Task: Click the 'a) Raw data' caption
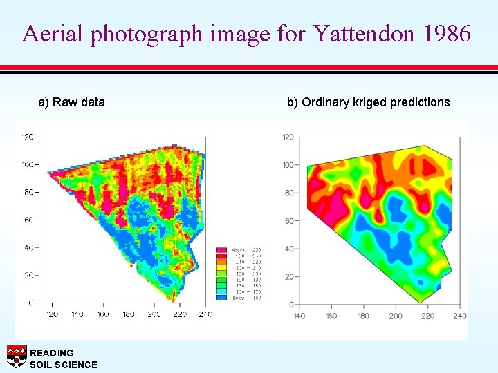pyautogui.click(x=71, y=102)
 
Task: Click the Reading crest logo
pyautogui.click(x=17, y=356)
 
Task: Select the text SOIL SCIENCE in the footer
pyautogui.click(x=64, y=365)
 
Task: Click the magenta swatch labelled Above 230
pyautogui.click(x=221, y=250)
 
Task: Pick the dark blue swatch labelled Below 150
pyautogui.click(x=221, y=298)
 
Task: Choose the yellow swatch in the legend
pyautogui.click(x=221, y=267)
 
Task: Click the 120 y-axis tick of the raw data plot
pyautogui.click(x=28, y=136)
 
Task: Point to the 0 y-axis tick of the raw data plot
pyautogui.click(x=31, y=303)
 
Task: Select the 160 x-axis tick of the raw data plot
pyautogui.click(x=102, y=314)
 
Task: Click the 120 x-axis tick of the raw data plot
pyautogui.click(x=52, y=314)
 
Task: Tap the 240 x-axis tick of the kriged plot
pyautogui.click(x=460, y=316)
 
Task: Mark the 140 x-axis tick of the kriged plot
pyautogui.click(x=299, y=316)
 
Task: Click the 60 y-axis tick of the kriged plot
pyautogui.click(x=288, y=221)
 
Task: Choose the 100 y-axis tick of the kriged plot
pyautogui.click(x=287, y=165)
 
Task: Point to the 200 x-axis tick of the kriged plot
pyautogui.click(x=396, y=316)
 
